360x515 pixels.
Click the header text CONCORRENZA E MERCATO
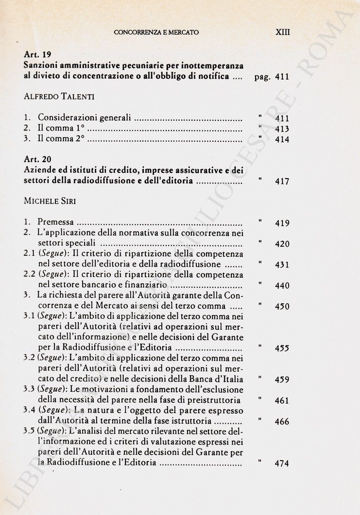(156, 33)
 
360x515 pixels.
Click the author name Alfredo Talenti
(59, 97)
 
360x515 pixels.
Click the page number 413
(282, 129)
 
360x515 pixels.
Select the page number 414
(282, 140)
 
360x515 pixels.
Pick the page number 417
(282, 182)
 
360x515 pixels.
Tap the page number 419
(282, 223)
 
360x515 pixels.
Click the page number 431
(282, 265)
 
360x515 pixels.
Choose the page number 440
(282, 286)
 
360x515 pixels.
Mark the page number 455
(282, 348)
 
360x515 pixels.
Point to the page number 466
(282, 422)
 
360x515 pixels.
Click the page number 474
(282, 464)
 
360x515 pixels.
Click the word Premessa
(56, 223)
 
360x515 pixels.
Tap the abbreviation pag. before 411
(262, 77)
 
